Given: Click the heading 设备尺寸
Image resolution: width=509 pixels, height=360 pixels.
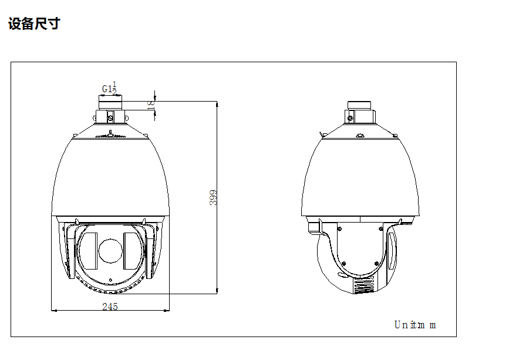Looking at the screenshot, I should [x=34, y=24].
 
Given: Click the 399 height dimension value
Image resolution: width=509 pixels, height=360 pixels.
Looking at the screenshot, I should [x=214, y=197].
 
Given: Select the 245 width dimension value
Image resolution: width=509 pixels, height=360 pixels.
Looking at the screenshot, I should [x=110, y=306].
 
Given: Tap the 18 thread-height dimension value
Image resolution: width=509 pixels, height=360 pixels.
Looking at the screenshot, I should [x=151, y=104].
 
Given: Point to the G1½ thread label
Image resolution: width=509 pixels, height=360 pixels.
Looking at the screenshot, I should [x=109, y=88].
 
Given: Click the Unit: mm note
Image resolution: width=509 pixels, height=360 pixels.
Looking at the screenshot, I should [x=415, y=325].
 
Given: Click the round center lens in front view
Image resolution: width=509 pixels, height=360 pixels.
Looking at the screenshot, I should [x=110, y=251].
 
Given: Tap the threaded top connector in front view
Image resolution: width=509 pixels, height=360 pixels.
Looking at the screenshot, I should [x=110, y=103].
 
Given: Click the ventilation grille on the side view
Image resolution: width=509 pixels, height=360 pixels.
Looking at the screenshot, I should [x=363, y=286].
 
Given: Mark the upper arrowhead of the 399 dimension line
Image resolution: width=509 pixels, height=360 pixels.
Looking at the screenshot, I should [x=217, y=103].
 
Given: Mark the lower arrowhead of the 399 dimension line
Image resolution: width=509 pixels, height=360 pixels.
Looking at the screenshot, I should [x=217, y=290].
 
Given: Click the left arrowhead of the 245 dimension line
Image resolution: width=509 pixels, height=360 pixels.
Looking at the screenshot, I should [x=54, y=310].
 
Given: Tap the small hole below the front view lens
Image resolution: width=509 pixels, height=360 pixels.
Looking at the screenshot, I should [x=110, y=279].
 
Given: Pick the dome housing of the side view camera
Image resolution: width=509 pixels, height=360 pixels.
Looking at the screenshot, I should [x=360, y=176].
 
